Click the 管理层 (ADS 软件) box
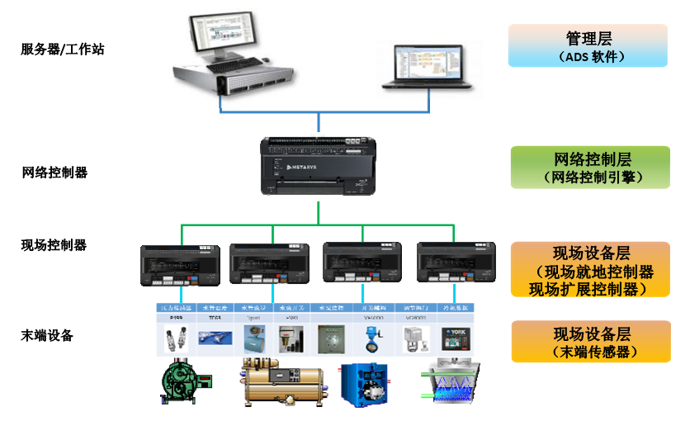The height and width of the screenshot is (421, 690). coord(587,45)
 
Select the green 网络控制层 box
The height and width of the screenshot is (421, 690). coord(587,167)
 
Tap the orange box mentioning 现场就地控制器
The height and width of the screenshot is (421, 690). coord(587,269)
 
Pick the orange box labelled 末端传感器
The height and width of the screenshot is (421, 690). coord(587,342)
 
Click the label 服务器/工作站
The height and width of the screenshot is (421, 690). coord(63,50)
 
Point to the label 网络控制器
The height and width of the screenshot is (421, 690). coord(54,173)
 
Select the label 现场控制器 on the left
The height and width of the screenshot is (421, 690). coord(54,245)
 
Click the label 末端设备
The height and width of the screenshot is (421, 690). coord(47,335)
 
